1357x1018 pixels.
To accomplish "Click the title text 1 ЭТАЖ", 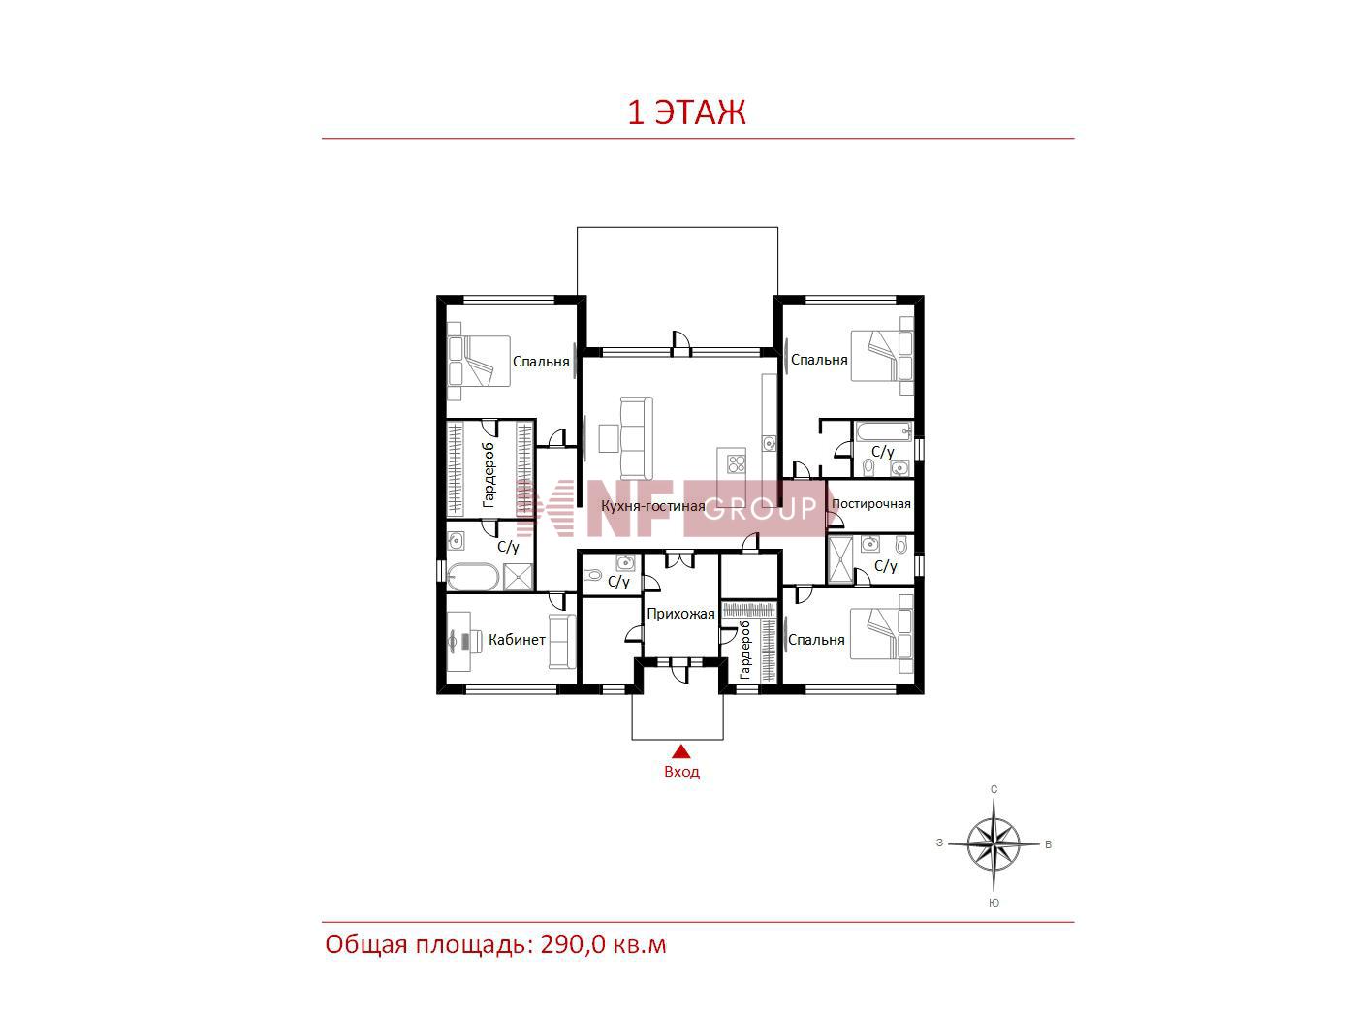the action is pyautogui.click(x=686, y=111).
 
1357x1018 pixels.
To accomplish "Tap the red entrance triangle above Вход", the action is pyautogui.click(x=681, y=750).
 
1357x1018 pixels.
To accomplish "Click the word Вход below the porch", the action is pyautogui.click(x=682, y=772).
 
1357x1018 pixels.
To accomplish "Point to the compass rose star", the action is pyautogui.click(x=994, y=843).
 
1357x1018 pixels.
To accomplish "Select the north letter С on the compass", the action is pyautogui.click(x=994, y=789).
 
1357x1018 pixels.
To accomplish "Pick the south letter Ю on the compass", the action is pyautogui.click(x=994, y=903).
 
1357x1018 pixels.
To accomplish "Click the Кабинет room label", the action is pyautogui.click(x=517, y=639).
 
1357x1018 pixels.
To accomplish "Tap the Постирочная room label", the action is pyautogui.click(x=871, y=504).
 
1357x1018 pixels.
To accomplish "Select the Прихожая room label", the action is pyautogui.click(x=680, y=614).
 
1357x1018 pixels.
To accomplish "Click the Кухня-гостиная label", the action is pyautogui.click(x=653, y=506).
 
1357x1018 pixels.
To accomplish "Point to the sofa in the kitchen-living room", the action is pyautogui.click(x=636, y=437).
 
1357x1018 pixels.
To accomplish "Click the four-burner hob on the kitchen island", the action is pyautogui.click(x=737, y=463).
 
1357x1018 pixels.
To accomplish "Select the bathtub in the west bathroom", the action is pyautogui.click(x=472, y=577).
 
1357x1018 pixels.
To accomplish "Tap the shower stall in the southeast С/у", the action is pyautogui.click(x=840, y=559).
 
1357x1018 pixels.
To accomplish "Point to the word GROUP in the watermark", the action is pyautogui.click(x=760, y=508).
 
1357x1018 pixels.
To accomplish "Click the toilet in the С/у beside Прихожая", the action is pyautogui.click(x=592, y=576).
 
